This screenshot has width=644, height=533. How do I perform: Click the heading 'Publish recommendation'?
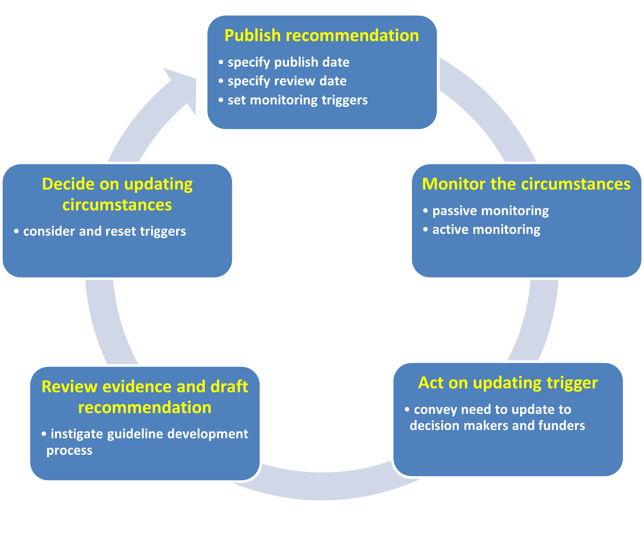(322, 35)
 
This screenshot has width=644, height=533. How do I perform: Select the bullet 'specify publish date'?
(288, 62)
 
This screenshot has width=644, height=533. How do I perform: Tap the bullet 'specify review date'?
(287, 81)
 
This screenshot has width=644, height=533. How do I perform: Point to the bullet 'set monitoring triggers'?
(298, 100)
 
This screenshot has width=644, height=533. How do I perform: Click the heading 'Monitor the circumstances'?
(526, 184)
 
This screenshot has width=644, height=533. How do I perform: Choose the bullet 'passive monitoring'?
(490, 211)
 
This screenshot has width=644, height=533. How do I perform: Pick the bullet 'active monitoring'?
(486, 230)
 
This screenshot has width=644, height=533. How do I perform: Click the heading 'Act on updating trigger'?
(508, 383)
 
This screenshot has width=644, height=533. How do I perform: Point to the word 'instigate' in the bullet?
(77, 434)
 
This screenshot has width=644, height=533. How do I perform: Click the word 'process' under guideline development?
(69, 451)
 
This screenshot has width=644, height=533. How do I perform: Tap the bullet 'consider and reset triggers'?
(104, 231)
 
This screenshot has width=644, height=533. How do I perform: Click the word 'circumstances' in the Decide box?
(117, 205)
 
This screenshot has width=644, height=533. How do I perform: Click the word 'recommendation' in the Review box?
(145, 408)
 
